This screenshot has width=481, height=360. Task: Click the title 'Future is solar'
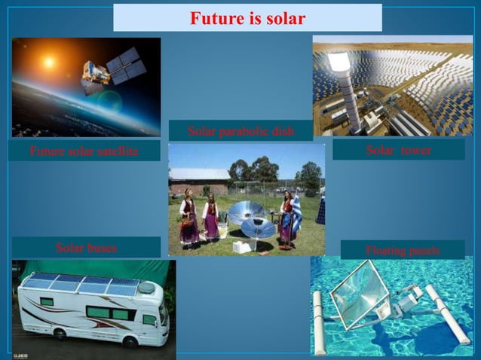(x=247, y=17)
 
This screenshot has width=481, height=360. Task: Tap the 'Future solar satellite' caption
(x=84, y=151)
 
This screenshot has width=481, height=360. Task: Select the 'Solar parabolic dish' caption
(x=240, y=133)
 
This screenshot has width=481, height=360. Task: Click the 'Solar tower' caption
(x=398, y=150)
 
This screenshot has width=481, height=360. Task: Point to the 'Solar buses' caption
(x=87, y=247)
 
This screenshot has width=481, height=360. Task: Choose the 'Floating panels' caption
(x=402, y=250)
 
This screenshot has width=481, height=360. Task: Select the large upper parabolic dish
(x=246, y=214)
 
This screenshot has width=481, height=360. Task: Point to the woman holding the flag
(x=287, y=218)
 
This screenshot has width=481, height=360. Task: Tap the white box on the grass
(x=241, y=246)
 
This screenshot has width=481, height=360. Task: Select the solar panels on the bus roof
(x=83, y=284)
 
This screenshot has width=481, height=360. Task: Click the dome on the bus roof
(x=146, y=288)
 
